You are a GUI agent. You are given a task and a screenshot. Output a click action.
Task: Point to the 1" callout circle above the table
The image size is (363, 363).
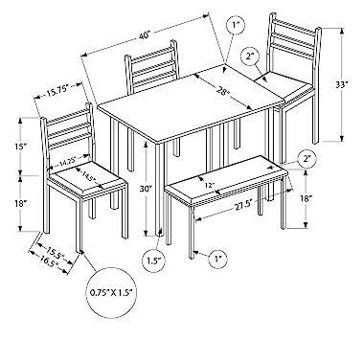[238, 24]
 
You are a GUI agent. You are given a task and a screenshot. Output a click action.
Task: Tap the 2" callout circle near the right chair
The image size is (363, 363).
[251, 57]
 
